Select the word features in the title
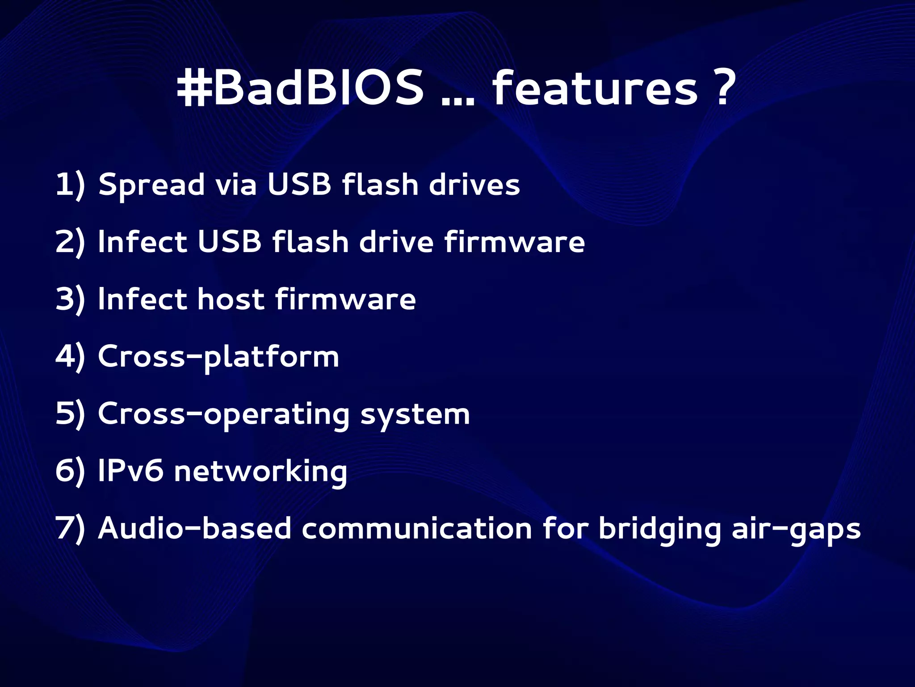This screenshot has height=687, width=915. [x=595, y=88]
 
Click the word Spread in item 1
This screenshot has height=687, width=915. [x=151, y=185]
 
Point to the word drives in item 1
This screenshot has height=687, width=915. [x=474, y=184]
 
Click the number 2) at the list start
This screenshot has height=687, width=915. [x=70, y=242]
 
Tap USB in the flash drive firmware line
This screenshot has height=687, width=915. [x=229, y=241]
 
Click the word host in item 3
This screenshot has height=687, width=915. [x=231, y=299]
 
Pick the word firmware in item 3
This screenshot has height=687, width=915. [x=345, y=299]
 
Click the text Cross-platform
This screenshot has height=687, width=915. [x=218, y=357]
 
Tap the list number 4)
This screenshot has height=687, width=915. [x=70, y=356]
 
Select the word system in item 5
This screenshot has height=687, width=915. [x=415, y=414]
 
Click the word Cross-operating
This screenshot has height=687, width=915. [x=224, y=414]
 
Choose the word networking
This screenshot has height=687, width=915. [x=260, y=472]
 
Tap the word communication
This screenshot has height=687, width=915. [x=417, y=528]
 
